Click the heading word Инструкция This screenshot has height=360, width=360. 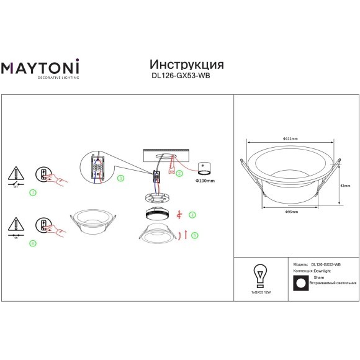coord(186,65)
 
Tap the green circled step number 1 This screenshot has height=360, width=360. coord(33,192)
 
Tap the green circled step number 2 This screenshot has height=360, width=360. coord(179,174)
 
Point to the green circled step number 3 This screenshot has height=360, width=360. coord(120,178)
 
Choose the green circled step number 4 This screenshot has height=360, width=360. coord(193,215)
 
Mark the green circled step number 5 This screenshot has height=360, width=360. coord(194,235)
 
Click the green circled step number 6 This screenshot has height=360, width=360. coord(33,243)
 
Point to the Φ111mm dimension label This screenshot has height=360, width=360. coord(290,138)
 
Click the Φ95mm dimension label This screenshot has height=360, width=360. coord(291,212)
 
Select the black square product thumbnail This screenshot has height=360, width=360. coord(301,282)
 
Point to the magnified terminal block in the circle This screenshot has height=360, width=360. coord(98,168)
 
